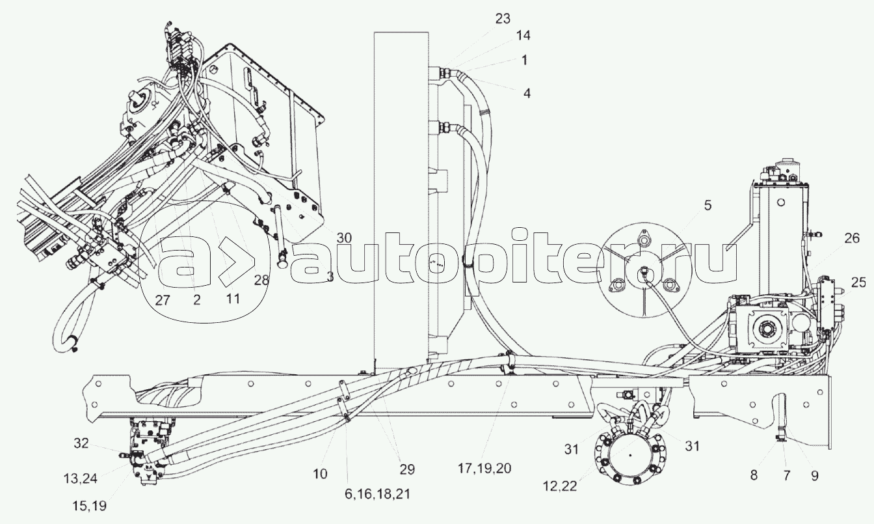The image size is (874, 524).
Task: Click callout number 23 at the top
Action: coord(503,19)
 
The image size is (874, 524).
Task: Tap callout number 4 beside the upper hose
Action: coord(527,94)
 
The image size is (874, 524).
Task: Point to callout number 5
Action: coord(707,206)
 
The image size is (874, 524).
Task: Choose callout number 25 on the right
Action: coord(858,283)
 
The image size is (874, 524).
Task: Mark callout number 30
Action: coord(344,238)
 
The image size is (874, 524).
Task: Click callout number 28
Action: coord(260,280)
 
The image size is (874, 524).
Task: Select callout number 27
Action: coord(165,300)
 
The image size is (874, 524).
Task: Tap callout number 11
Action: coord(232,300)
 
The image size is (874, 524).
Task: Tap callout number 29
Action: coord(407,469)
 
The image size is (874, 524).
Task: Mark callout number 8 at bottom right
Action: coord(754,476)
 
